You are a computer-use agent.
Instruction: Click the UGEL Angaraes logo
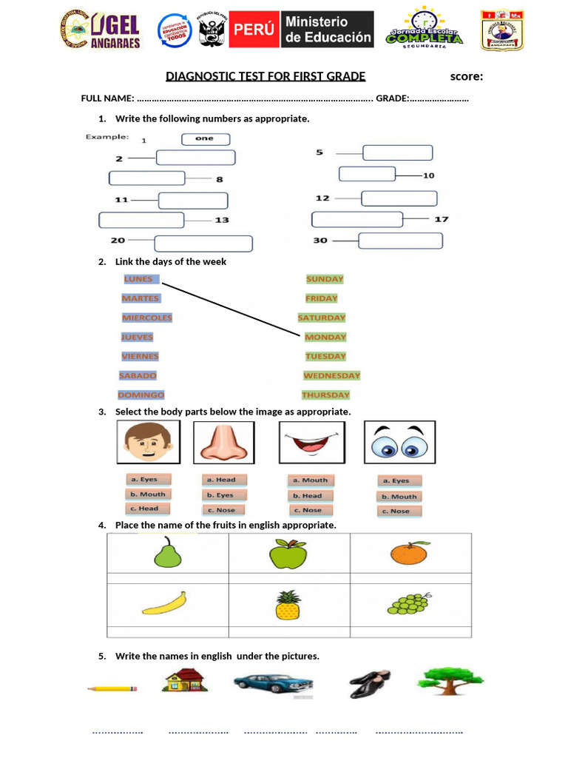pos(99,31)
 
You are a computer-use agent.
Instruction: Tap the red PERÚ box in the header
pos(254,30)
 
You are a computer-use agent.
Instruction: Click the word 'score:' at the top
pos(467,76)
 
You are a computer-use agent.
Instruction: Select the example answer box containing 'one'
pos(206,138)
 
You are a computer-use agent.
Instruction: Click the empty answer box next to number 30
pos(400,241)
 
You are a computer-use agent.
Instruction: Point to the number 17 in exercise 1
pos(442,219)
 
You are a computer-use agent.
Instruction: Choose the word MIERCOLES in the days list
pos(147,318)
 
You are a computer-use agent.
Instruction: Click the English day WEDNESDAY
pos(331,375)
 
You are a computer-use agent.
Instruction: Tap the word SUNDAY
pos(325,279)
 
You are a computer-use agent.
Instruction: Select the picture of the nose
pos(224,443)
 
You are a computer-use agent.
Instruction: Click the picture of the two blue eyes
pos(399,443)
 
